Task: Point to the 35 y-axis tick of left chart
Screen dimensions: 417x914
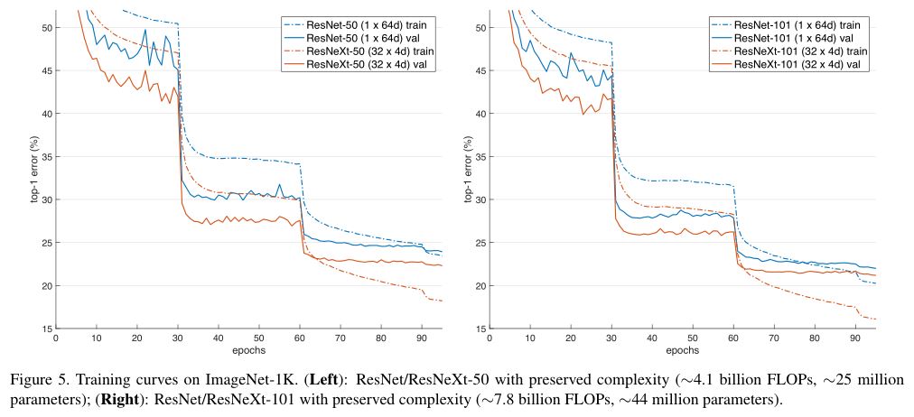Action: pyautogui.click(x=45, y=157)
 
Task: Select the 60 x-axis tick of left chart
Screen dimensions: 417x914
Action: pyautogui.click(x=300, y=338)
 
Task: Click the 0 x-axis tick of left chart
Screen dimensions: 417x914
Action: pyautogui.click(x=56, y=338)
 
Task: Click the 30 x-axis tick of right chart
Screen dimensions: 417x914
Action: pyautogui.click(x=613, y=338)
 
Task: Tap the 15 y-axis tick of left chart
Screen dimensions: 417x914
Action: pyautogui.click(x=45, y=329)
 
